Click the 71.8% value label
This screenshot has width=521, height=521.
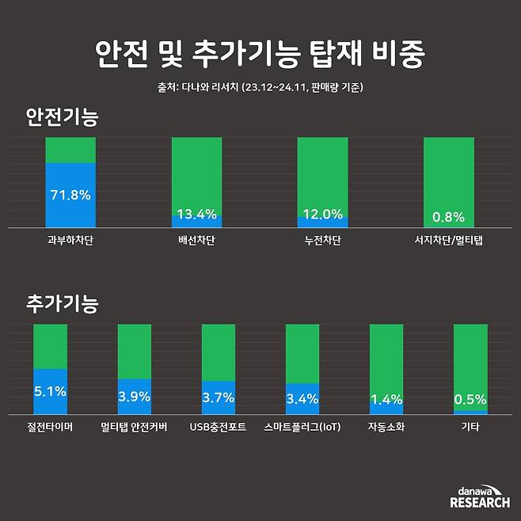click(x=70, y=195)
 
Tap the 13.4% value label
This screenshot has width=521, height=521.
click(x=196, y=214)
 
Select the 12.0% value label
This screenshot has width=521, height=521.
click(x=322, y=214)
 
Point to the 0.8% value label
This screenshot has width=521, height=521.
click(x=448, y=217)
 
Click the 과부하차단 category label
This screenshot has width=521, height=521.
click(x=70, y=238)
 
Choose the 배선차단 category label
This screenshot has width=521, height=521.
click(x=196, y=238)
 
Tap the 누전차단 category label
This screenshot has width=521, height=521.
click(x=322, y=238)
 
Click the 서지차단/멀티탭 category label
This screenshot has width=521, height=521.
click(x=448, y=238)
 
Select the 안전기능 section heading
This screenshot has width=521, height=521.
click(x=63, y=118)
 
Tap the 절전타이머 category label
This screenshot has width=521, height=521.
click(x=50, y=427)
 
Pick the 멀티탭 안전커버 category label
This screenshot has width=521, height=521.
click(x=135, y=427)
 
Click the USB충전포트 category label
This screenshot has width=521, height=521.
click(x=218, y=427)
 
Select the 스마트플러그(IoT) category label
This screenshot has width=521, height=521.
click(x=302, y=427)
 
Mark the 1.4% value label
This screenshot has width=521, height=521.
click(x=386, y=399)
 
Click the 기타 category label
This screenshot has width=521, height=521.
click(x=470, y=427)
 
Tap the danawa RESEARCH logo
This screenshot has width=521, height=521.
click(x=480, y=497)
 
